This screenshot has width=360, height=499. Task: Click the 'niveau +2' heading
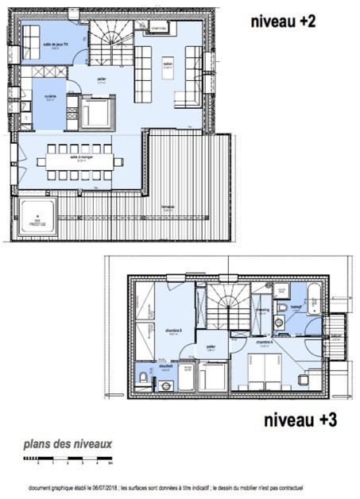click(282, 22)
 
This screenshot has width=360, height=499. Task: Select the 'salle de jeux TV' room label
click(53, 45)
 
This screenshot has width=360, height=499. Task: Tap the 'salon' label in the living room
click(168, 65)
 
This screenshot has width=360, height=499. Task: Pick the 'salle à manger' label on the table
click(79, 158)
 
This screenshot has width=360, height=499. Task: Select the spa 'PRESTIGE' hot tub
click(37, 216)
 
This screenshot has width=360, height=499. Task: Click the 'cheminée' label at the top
click(158, 28)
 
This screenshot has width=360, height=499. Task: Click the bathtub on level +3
click(313, 299)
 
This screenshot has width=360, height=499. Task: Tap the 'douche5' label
click(165, 367)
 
